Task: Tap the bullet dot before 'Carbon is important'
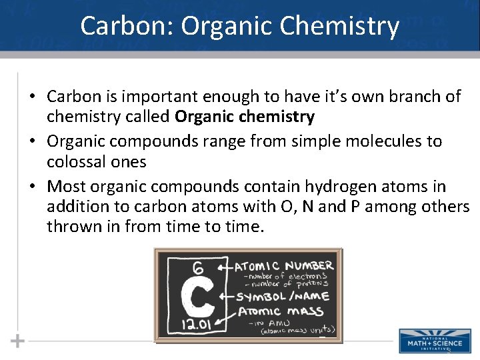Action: point(32,97)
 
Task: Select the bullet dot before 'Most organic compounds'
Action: point(32,187)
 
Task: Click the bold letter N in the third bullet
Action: point(308,207)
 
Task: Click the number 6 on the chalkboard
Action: point(198,268)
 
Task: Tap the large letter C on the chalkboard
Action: point(197,295)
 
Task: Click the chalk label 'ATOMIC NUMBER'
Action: point(285,266)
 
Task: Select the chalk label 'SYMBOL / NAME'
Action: point(281,297)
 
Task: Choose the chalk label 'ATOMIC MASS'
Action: point(281,311)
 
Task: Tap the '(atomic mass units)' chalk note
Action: point(297,330)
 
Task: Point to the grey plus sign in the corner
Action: point(18,341)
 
